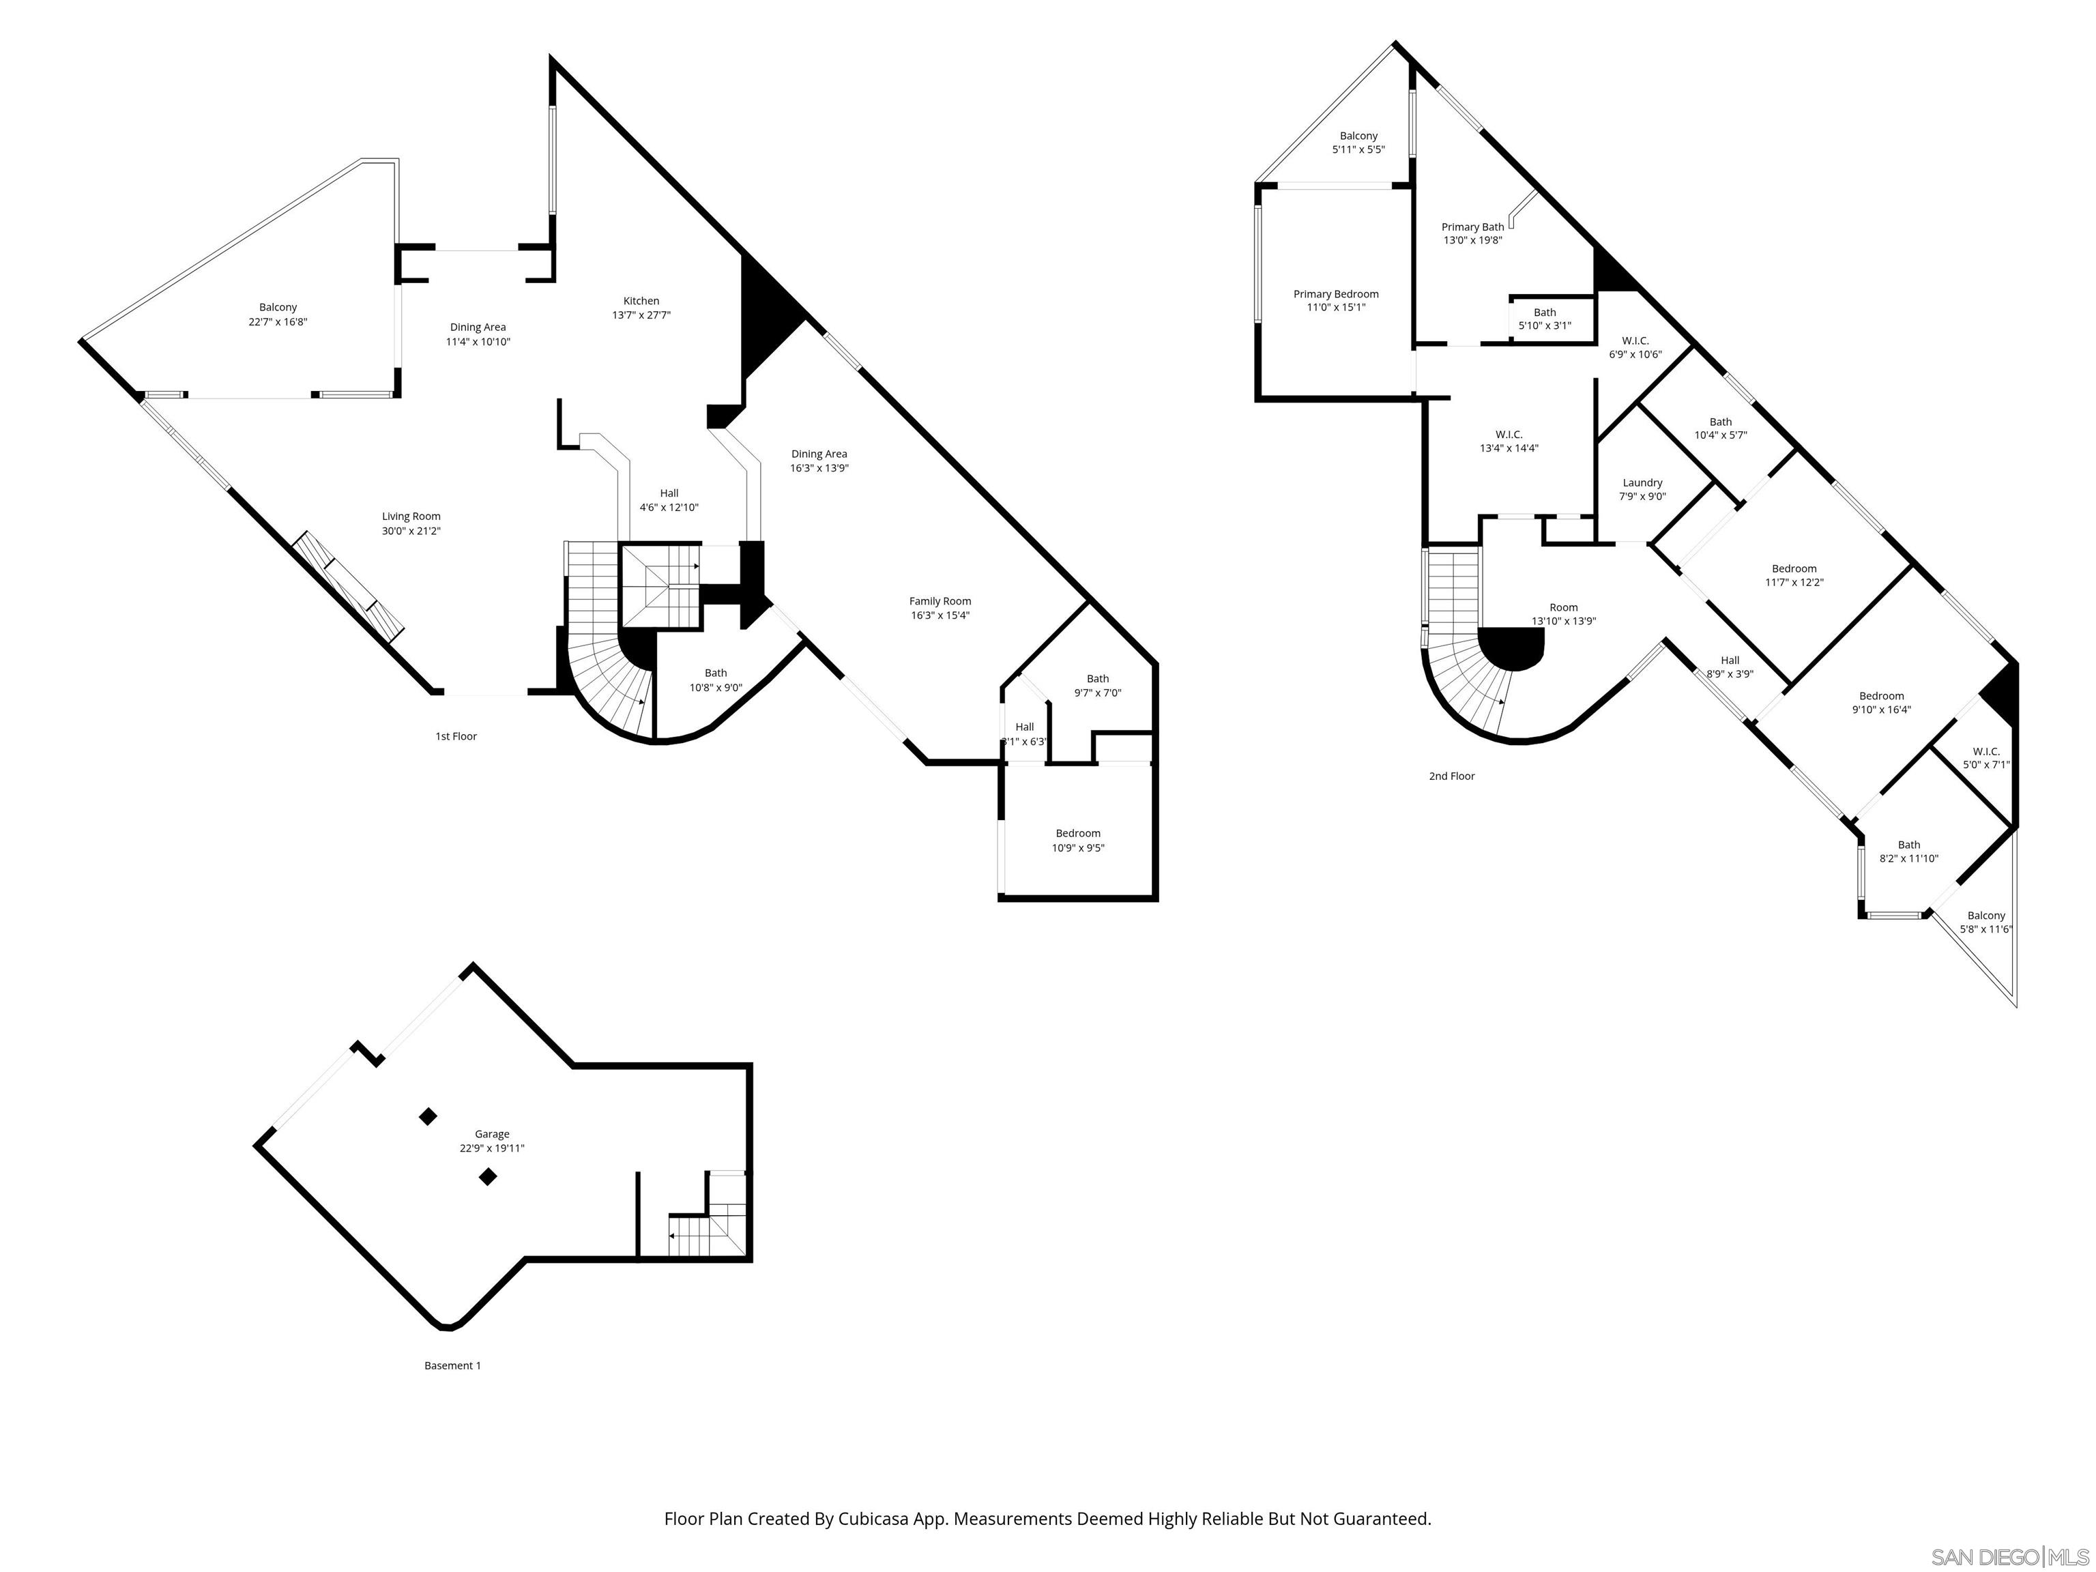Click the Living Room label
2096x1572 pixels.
click(411, 517)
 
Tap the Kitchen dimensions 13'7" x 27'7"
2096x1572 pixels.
click(641, 315)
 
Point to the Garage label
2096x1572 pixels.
click(492, 1134)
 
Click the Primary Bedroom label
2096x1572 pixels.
click(1336, 295)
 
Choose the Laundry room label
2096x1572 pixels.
click(1642, 483)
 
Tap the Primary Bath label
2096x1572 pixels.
click(1472, 227)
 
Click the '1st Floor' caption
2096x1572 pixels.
click(456, 736)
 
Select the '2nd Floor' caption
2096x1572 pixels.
click(1452, 776)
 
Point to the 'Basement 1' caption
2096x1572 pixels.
click(452, 1365)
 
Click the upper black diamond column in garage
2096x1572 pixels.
click(428, 1116)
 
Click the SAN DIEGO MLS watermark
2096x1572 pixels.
click(2009, 1557)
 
